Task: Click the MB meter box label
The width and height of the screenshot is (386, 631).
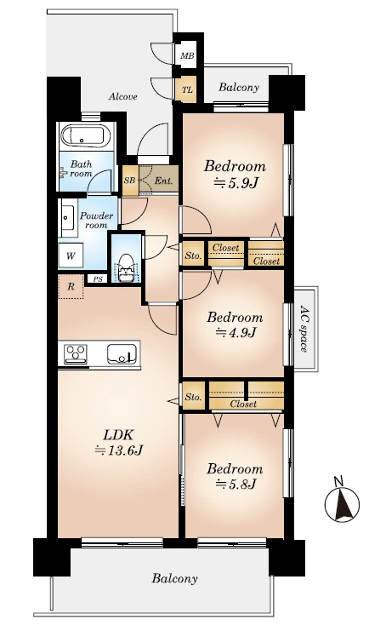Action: (187, 55)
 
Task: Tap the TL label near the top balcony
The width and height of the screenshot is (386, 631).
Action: (187, 89)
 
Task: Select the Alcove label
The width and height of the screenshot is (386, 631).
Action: (123, 96)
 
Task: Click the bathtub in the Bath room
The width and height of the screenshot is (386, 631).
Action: (85, 136)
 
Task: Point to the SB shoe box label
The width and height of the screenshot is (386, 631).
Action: (129, 181)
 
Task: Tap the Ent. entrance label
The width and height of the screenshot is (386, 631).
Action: (163, 181)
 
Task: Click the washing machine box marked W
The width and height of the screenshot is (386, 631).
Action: (71, 255)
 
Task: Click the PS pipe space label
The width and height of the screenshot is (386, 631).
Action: (98, 278)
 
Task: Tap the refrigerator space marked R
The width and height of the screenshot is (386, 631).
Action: (71, 286)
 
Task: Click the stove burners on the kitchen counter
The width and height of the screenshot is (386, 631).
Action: (76, 353)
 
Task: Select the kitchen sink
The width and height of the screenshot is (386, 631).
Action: (119, 353)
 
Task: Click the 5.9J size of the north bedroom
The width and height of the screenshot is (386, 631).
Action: (236, 183)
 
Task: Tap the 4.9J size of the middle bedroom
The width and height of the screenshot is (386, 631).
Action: (236, 333)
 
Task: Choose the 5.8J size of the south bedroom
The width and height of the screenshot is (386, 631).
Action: (236, 484)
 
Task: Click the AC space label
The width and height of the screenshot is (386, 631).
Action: (305, 328)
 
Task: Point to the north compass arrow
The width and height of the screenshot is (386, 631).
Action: (342, 503)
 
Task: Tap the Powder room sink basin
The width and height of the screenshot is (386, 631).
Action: (66, 218)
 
